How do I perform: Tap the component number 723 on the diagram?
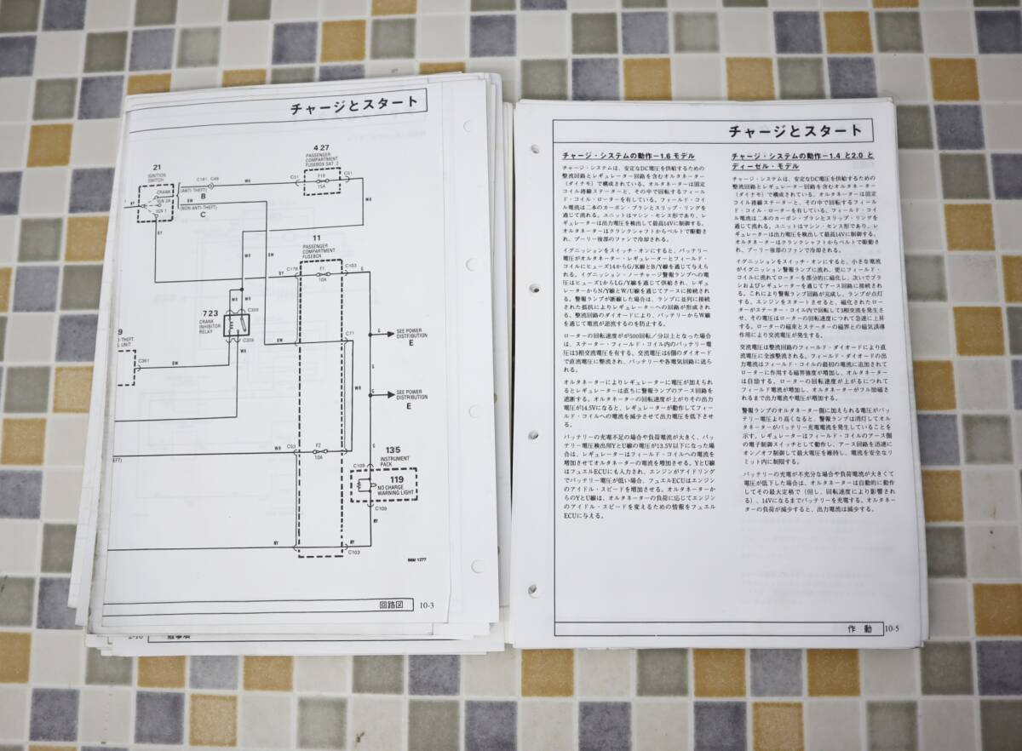210,313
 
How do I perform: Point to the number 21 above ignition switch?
157,168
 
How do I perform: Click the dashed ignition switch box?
155,201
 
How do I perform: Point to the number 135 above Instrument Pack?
393,450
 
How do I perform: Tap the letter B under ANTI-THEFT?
203,196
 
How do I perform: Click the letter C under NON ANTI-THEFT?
203,215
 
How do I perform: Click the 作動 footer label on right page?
860,629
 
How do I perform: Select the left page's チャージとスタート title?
353,105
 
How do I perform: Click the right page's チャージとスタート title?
796,132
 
